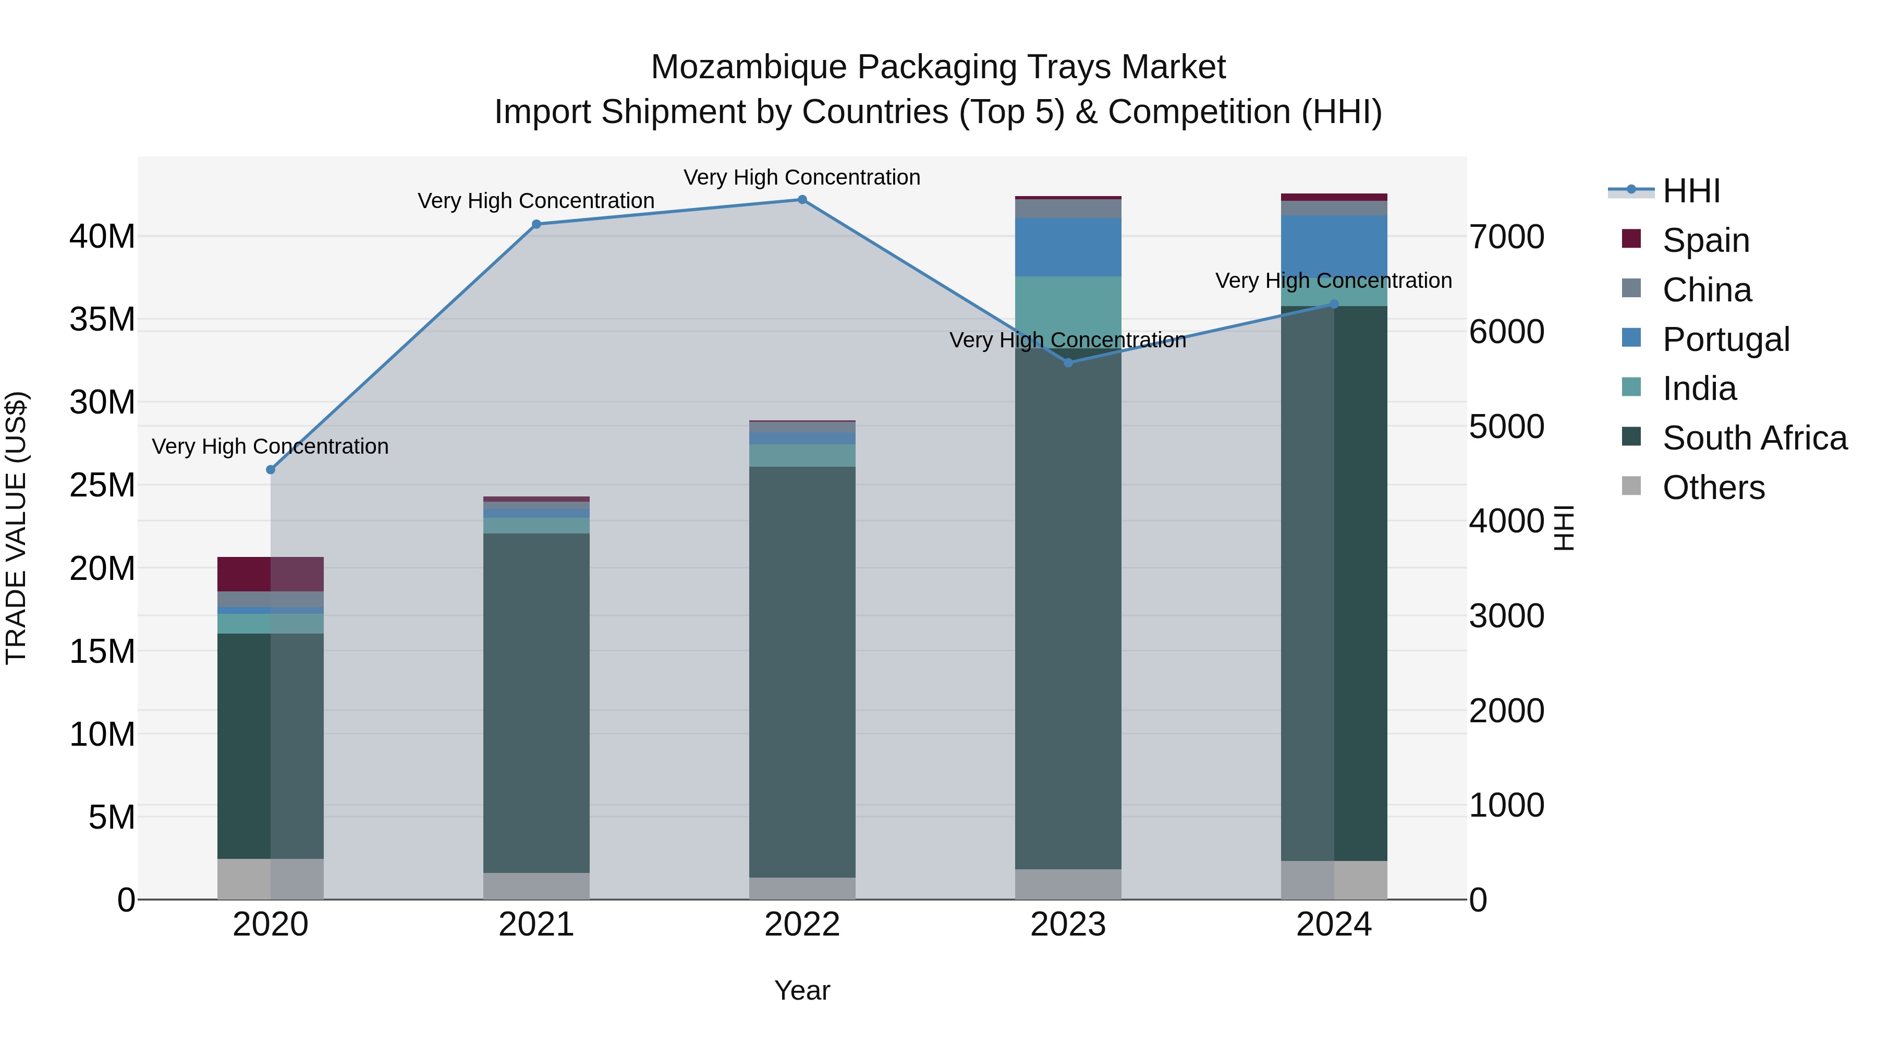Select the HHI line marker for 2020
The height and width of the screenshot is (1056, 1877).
click(x=270, y=470)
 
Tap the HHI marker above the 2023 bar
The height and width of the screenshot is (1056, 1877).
click(x=1068, y=362)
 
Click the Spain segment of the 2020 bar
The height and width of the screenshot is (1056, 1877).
click(x=270, y=574)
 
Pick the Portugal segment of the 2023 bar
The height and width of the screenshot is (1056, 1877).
click(x=1068, y=247)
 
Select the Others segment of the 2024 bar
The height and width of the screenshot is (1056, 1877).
click(x=1334, y=880)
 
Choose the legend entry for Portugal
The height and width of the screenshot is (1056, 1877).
click(x=1725, y=339)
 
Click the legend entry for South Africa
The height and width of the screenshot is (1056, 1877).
click(x=1754, y=439)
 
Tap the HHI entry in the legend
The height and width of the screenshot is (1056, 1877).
click(x=1690, y=191)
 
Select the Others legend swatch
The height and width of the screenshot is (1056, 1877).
click(x=1631, y=486)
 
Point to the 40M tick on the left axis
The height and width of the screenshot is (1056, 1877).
click(x=102, y=237)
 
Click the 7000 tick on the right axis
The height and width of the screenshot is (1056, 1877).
click(x=1506, y=237)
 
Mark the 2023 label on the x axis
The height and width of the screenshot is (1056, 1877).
click(x=1068, y=925)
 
